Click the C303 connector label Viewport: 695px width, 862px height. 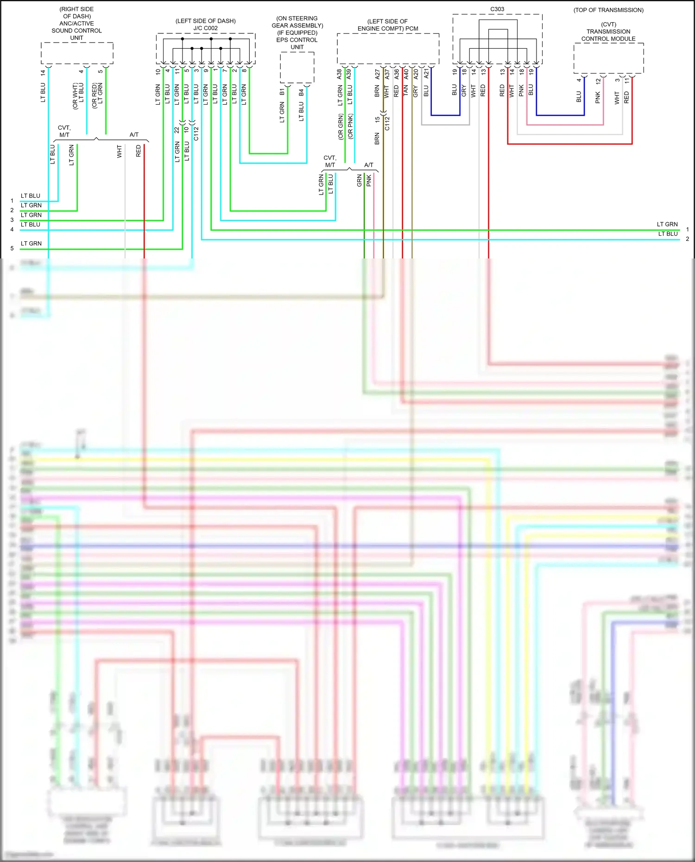pyautogui.click(x=497, y=9)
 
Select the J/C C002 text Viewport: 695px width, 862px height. pyautogui.click(x=206, y=28)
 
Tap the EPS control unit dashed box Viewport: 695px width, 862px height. pyautogui.click(x=297, y=68)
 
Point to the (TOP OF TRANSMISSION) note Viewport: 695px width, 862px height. pyautogui.click(x=608, y=10)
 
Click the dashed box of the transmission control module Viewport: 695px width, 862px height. pyautogui.click(x=608, y=58)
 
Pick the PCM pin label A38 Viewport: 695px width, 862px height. pyautogui.click(x=339, y=74)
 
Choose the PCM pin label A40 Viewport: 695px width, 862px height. pyautogui.click(x=406, y=74)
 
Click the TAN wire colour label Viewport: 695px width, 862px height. pyautogui.click(x=406, y=91)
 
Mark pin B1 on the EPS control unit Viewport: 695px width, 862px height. pyautogui.click(x=282, y=92)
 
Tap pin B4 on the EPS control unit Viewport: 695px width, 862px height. pyautogui.click(x=301, y=92)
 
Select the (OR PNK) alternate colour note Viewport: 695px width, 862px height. pyautogui.click(x=350, y=126)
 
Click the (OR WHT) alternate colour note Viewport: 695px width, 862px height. pyautogui.click(x=75, y=96)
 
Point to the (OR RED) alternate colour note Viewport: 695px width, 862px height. pyautogui.click(x=95, y=96)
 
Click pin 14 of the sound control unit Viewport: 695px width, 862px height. pyautogui.click(x=43, y=73)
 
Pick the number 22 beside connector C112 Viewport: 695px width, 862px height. pyautogui.click(x=177, y=130)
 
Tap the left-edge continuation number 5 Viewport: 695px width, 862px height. pyautogui.click(x=12, y=249)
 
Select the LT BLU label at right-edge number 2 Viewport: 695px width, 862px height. pyautogui.click(x=668, y=234)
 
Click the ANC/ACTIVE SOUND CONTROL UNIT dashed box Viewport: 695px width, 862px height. pyautogui.click(x=77, y=53)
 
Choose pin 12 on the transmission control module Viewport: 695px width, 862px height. pyautogui.click(x=598, y=81)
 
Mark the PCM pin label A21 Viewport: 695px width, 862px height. pyautogui.click(x=427, y=74)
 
